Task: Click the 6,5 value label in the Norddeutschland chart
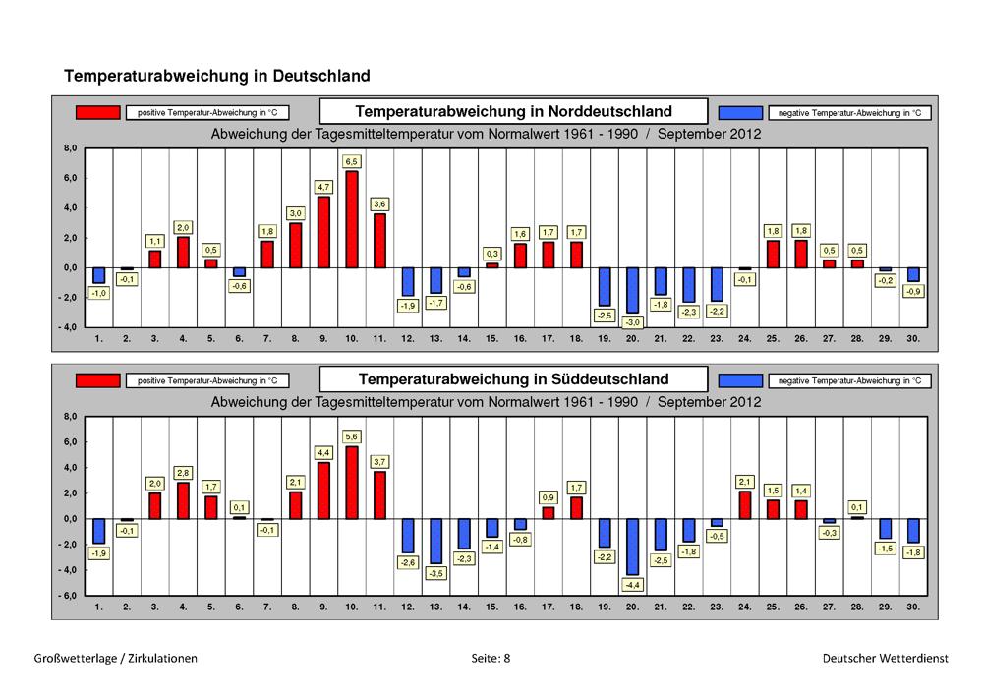351,161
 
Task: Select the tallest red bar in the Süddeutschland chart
351,483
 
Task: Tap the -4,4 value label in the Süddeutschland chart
632,585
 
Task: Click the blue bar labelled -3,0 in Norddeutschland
632,290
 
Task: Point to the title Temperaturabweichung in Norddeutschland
513,111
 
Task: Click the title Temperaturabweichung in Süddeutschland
513,379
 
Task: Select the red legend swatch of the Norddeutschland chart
97,112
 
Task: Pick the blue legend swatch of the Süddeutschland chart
740,380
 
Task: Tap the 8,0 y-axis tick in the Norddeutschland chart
70,148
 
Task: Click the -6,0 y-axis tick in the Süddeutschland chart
68,596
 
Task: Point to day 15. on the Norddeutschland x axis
491,338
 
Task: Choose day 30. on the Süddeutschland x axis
913,607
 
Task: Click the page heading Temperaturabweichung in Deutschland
217,76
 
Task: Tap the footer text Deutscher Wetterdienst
886,659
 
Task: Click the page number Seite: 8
491,659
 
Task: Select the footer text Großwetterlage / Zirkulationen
115,659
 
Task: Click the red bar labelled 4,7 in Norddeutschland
323,233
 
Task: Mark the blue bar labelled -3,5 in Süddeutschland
435,541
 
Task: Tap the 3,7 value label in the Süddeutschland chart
379,462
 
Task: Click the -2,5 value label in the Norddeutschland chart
604,316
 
